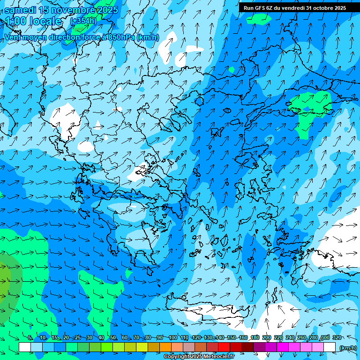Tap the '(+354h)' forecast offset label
point(83,21)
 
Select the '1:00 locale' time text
point(33,21)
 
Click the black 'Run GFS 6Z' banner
point(295,8)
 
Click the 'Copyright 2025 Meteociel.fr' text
point(199,357)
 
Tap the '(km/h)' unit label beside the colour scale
point(348,348)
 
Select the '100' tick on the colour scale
point(172,338)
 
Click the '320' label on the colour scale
point(337,338)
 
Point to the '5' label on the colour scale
point(30,338)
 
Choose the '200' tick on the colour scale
point(266,338)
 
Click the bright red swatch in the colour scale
point(225,347)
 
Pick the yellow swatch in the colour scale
point(142,347)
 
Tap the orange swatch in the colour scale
point(166,347)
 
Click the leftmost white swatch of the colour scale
point(25,347)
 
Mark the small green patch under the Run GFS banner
point(259,19)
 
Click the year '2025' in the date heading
point(107,10)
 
